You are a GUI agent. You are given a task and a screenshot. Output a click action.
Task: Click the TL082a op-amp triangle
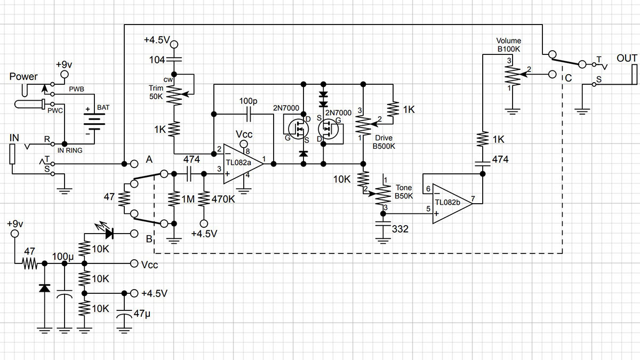(240, 163)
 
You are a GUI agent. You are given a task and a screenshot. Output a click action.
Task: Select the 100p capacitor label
(247, 101)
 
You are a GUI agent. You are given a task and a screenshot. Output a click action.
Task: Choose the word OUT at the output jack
(627, 58)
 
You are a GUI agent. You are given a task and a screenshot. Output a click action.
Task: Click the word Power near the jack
(23, 77)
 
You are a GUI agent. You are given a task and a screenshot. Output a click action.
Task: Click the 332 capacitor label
(399, 229)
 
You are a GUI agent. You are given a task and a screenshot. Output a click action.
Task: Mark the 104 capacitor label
(157, 60)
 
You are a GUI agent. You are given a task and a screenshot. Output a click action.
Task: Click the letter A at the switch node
(149, 159)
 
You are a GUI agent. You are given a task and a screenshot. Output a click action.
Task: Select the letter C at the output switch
(569, 78)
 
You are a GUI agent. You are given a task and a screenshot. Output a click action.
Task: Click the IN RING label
(70, 151)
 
